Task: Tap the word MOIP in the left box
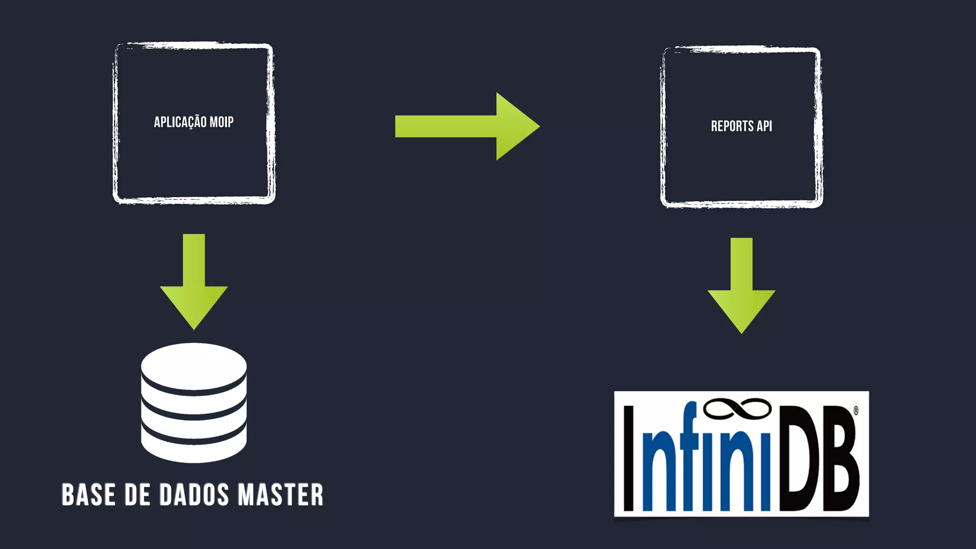[x=222, y=122]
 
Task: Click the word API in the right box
[x=764, y=126]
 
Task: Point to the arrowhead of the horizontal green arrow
[x=516, y=126]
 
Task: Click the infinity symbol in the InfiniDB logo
[x=737, y=409]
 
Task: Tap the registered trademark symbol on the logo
[x=856, y=410]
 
